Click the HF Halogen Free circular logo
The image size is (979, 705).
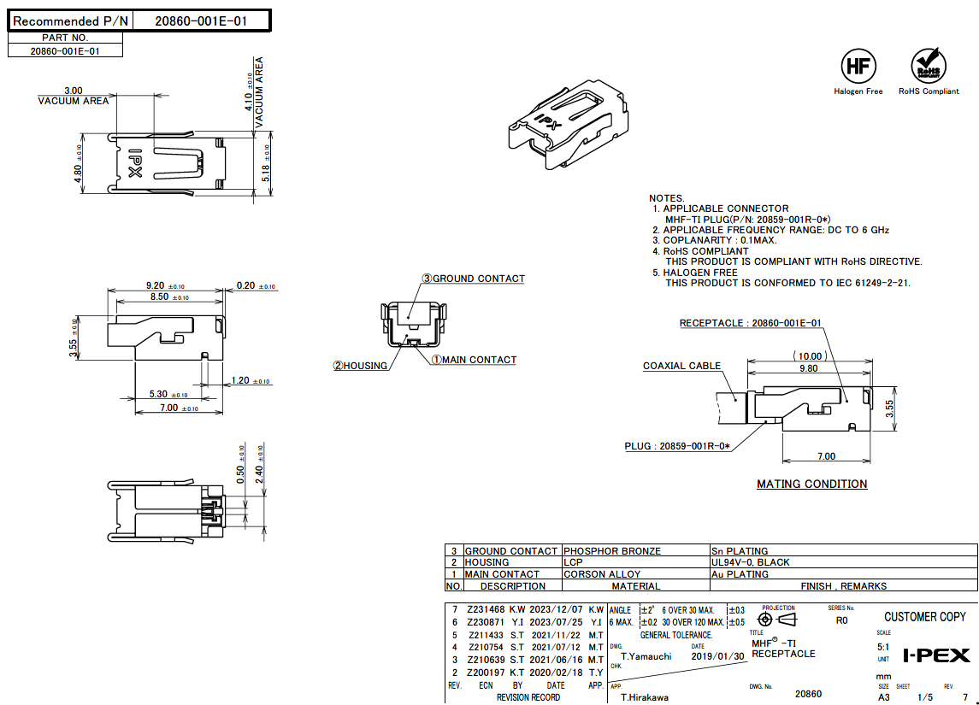pos(858,66)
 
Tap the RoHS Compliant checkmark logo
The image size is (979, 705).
pos(929,66)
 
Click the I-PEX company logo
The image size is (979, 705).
pos(936,655)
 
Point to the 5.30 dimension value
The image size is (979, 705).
pos(158,394)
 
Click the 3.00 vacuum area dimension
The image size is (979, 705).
pos(74,90)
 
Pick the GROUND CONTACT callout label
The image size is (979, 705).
pos(478,279)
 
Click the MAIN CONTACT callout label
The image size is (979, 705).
pos(478,360)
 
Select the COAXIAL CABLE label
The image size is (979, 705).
pos(681,366)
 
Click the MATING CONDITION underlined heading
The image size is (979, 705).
pos(811,484)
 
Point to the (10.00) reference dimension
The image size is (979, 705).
pos(810,355)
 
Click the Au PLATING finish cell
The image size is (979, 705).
pos(740,574)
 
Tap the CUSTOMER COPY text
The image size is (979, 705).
pos(924,617)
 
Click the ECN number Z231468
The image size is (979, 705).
pos(485,609)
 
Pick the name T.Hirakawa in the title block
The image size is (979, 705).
pos(645,697)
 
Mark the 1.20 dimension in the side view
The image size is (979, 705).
pos(239,380)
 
